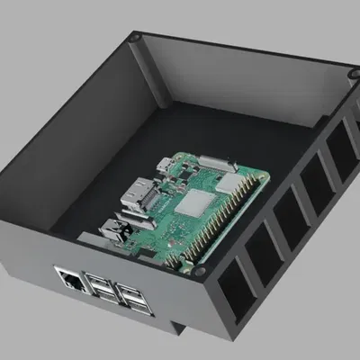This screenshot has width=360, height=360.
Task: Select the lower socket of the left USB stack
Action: [101, 295]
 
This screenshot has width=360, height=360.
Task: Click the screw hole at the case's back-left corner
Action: [133, 38]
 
